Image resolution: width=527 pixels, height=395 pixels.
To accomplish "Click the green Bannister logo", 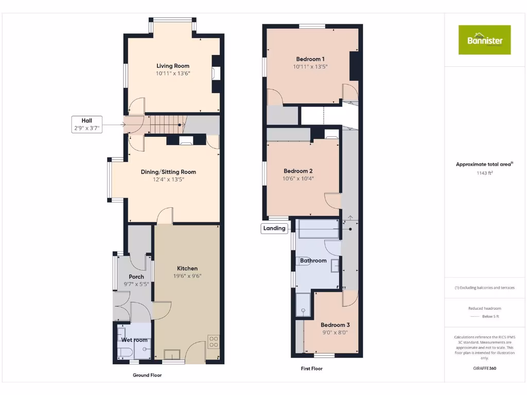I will pos(484,40).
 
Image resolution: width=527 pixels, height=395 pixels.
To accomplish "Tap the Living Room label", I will pos(173,66).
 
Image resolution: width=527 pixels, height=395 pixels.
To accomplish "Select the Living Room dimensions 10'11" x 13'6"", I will pos(173,74).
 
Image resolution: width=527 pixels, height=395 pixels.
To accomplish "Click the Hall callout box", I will pos(86,124).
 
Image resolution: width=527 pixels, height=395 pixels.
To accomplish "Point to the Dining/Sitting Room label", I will pos(168,172).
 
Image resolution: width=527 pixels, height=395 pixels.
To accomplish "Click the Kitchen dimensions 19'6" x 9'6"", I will pos(187,276).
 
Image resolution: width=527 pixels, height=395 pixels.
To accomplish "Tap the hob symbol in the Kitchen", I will pos(213,342).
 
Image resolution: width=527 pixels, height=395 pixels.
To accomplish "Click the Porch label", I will pos(136,277).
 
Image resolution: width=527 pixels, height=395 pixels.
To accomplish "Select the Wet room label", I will pos(134,340).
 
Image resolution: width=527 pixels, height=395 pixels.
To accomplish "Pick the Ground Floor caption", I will pos(147,375).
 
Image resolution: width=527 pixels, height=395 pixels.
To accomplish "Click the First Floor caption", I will pos(312,369).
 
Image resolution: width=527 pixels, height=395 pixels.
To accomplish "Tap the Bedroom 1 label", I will pos(310,59).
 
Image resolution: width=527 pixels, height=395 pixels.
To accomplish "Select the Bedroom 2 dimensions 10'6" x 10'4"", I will pos(298,178).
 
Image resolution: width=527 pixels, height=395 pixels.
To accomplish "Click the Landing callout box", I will pos(274,228).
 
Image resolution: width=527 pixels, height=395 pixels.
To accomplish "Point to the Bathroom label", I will pos(313,261).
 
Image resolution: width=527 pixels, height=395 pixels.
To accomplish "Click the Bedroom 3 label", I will pos(335,325).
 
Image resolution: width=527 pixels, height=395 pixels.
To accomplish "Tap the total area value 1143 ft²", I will pos(484,173).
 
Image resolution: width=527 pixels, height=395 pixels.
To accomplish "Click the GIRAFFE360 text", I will pos(484,368).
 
